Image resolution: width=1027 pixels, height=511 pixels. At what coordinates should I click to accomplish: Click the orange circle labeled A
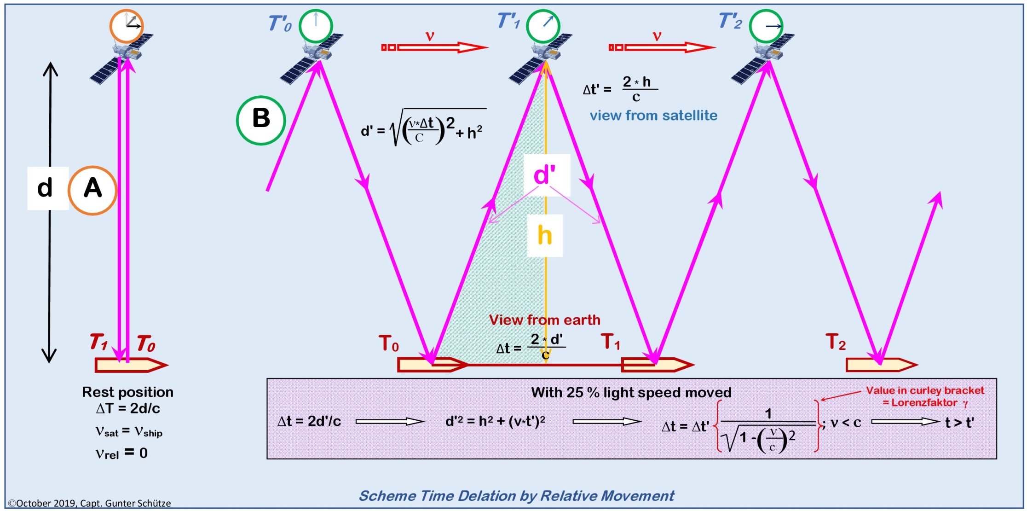click(92, 190)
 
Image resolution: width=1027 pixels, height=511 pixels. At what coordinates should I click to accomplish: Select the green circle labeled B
click(261, 120)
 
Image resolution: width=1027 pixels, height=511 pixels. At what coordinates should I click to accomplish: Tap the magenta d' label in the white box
click(546, 175)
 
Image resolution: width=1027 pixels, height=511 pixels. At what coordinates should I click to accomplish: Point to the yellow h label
click(545, 235)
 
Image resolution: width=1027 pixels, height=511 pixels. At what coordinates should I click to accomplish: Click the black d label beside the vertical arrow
click(45, 188)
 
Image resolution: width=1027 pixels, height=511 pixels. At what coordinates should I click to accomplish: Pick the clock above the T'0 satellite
click(316, 26)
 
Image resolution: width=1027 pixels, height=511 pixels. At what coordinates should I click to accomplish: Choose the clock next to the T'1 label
click(543, 26)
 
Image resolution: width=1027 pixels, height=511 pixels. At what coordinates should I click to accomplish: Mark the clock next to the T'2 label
click(766, 26)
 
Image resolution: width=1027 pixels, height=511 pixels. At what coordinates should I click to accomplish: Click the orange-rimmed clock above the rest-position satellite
click(127, 26)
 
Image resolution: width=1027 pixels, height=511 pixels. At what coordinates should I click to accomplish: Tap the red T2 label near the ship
click(836, 343)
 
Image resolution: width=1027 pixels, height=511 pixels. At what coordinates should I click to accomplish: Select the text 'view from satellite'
click(653, 116)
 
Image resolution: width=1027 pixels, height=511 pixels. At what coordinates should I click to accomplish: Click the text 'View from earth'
click(544, 320)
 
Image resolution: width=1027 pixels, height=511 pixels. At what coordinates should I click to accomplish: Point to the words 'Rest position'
click(127, 392)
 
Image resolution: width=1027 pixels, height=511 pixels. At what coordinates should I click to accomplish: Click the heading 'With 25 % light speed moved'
click(631, 393)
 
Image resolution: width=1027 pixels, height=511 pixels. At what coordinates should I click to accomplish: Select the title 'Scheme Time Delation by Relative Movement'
click(516, 496)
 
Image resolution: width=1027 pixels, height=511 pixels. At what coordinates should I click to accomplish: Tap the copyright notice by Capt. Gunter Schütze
click(90, 503)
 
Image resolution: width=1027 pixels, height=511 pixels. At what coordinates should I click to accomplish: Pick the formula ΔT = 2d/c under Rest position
click(128, 408)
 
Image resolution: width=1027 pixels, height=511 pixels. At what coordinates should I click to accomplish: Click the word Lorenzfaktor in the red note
click(924, 403)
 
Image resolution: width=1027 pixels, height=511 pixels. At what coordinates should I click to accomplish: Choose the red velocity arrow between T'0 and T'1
click(434, 47)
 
